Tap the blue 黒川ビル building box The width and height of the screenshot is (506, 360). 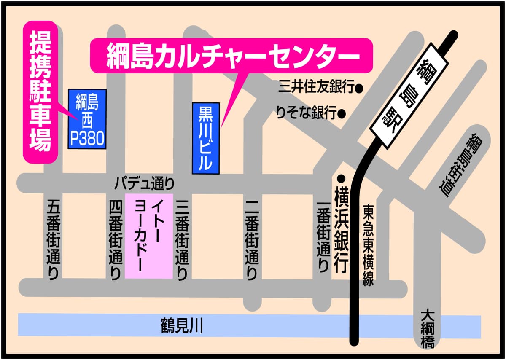point(206,138)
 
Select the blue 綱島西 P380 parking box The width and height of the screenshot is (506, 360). point(87,119)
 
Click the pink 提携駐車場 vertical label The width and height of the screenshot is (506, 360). point(40,92)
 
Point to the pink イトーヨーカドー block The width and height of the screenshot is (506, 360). point(149,236)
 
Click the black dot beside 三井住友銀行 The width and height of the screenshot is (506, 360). point(360,89)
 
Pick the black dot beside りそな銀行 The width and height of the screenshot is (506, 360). point(342,113)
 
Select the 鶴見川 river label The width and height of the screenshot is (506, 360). point(182,326)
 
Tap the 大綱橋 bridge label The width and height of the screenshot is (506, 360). point(428,329)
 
